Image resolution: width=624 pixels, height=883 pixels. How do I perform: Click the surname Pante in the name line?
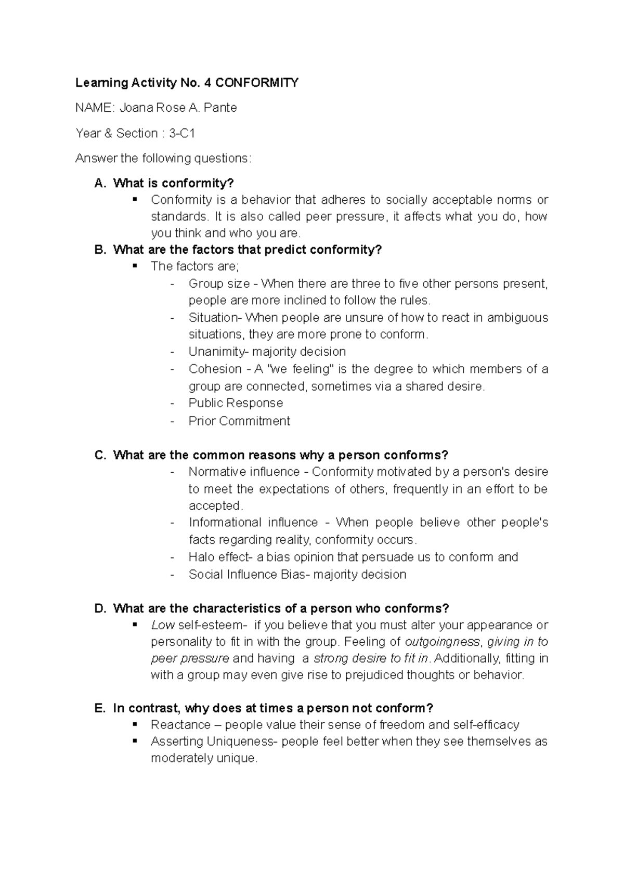tap(220, 108)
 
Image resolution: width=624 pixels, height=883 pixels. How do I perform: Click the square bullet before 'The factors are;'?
tap(135, 266)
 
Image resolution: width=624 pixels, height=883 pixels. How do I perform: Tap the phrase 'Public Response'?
tap(236, 403)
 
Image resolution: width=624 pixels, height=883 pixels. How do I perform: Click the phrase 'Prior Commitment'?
tap(239, 421)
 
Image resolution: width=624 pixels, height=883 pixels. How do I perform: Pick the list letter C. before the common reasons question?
tap(100, 455)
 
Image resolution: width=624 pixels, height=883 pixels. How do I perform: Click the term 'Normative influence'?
tap(244, 472)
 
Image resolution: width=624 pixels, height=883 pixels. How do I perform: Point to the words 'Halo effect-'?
tap(220, 557)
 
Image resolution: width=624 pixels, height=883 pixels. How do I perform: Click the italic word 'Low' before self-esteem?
tap(163, 625)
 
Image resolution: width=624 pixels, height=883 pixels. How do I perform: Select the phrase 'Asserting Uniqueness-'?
tap(214, 741)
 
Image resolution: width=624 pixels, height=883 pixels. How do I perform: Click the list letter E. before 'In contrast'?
tap(100, 708)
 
